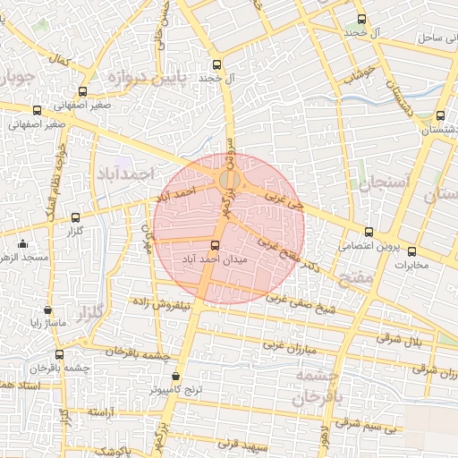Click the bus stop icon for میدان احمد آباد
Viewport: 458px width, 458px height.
point(215,245)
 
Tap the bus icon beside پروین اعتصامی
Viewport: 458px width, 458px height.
point(369,232)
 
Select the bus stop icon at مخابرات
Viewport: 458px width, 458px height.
point(411,251)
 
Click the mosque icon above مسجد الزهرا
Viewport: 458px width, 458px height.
point(22,243)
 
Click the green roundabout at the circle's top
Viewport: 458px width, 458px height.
point(227,182)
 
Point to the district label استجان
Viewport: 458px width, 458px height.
point(383,182)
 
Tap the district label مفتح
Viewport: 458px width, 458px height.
point(357,278)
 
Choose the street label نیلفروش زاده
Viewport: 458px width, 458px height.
point(163,304)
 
